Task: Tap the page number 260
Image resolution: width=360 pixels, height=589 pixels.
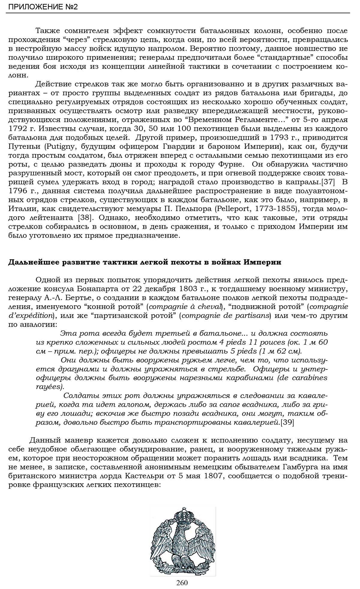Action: coord(182,583)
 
